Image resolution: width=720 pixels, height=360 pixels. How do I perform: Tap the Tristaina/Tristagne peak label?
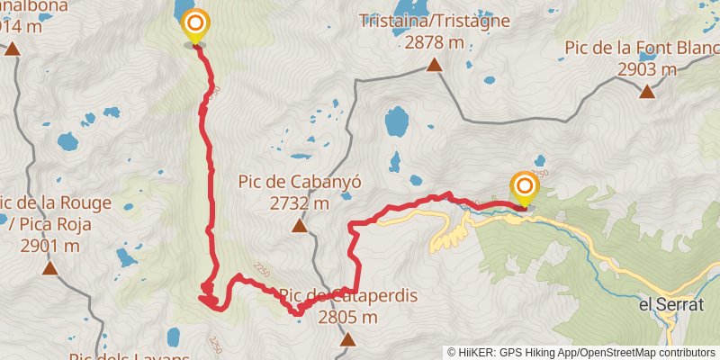434,20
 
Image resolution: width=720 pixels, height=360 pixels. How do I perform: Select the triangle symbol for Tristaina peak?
434,65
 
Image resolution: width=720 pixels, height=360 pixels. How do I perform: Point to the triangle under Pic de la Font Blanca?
646,91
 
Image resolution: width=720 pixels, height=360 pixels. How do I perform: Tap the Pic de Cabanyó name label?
300,181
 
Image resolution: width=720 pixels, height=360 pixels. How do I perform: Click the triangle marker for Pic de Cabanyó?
299,226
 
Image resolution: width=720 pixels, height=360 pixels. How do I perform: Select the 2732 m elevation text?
300,203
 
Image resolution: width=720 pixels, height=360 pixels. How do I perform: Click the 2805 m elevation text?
347,317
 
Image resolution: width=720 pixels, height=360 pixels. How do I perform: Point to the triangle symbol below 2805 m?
347,339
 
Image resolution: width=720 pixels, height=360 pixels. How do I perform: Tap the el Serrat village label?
670,305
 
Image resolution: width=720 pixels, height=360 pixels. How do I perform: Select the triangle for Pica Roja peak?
49,267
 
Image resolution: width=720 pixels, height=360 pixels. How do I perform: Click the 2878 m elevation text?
434,42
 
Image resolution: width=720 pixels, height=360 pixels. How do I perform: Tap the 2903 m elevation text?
646,69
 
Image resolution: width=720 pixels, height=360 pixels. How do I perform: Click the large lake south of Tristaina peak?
396,121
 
